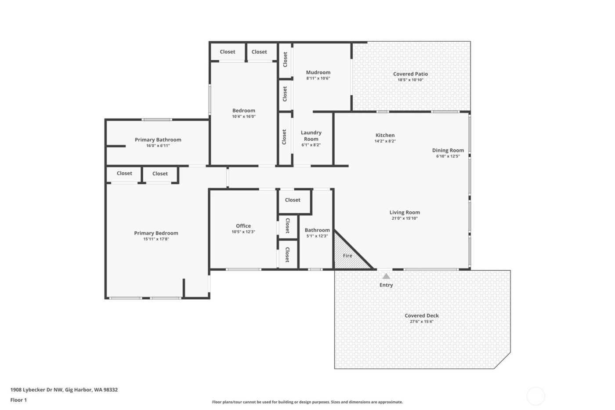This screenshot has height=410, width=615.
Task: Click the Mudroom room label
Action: click(318, 73)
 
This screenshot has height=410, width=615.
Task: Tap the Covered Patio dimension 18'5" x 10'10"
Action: click(410, 80)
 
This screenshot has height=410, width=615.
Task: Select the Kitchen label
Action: click(385, 135)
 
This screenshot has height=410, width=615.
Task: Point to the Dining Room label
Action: click(448, 150)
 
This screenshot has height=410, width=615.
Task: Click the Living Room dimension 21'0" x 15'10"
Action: click(404, 218)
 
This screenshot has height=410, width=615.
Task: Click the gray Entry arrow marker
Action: click(386, 276)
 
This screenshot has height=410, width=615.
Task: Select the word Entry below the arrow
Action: click(386, 285)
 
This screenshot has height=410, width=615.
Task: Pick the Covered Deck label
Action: click(422, 316)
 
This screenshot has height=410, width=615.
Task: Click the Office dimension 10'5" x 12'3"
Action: click(243, 232)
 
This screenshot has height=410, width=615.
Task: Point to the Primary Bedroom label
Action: click(156, 233)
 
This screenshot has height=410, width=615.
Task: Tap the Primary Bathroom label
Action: click(158, 140)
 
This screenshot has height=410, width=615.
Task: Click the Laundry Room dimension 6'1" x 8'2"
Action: click(311, 145)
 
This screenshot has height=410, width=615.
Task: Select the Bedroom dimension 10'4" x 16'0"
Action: click(244, 117)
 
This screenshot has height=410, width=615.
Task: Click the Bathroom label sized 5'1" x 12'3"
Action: click(317, 230)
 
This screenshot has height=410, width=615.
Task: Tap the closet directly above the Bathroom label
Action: click(293, 200)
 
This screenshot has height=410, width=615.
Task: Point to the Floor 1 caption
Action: click(18, 400)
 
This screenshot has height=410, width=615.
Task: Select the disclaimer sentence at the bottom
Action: click(307, 402)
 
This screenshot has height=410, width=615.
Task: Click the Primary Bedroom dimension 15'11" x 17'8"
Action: click(156, 239)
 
